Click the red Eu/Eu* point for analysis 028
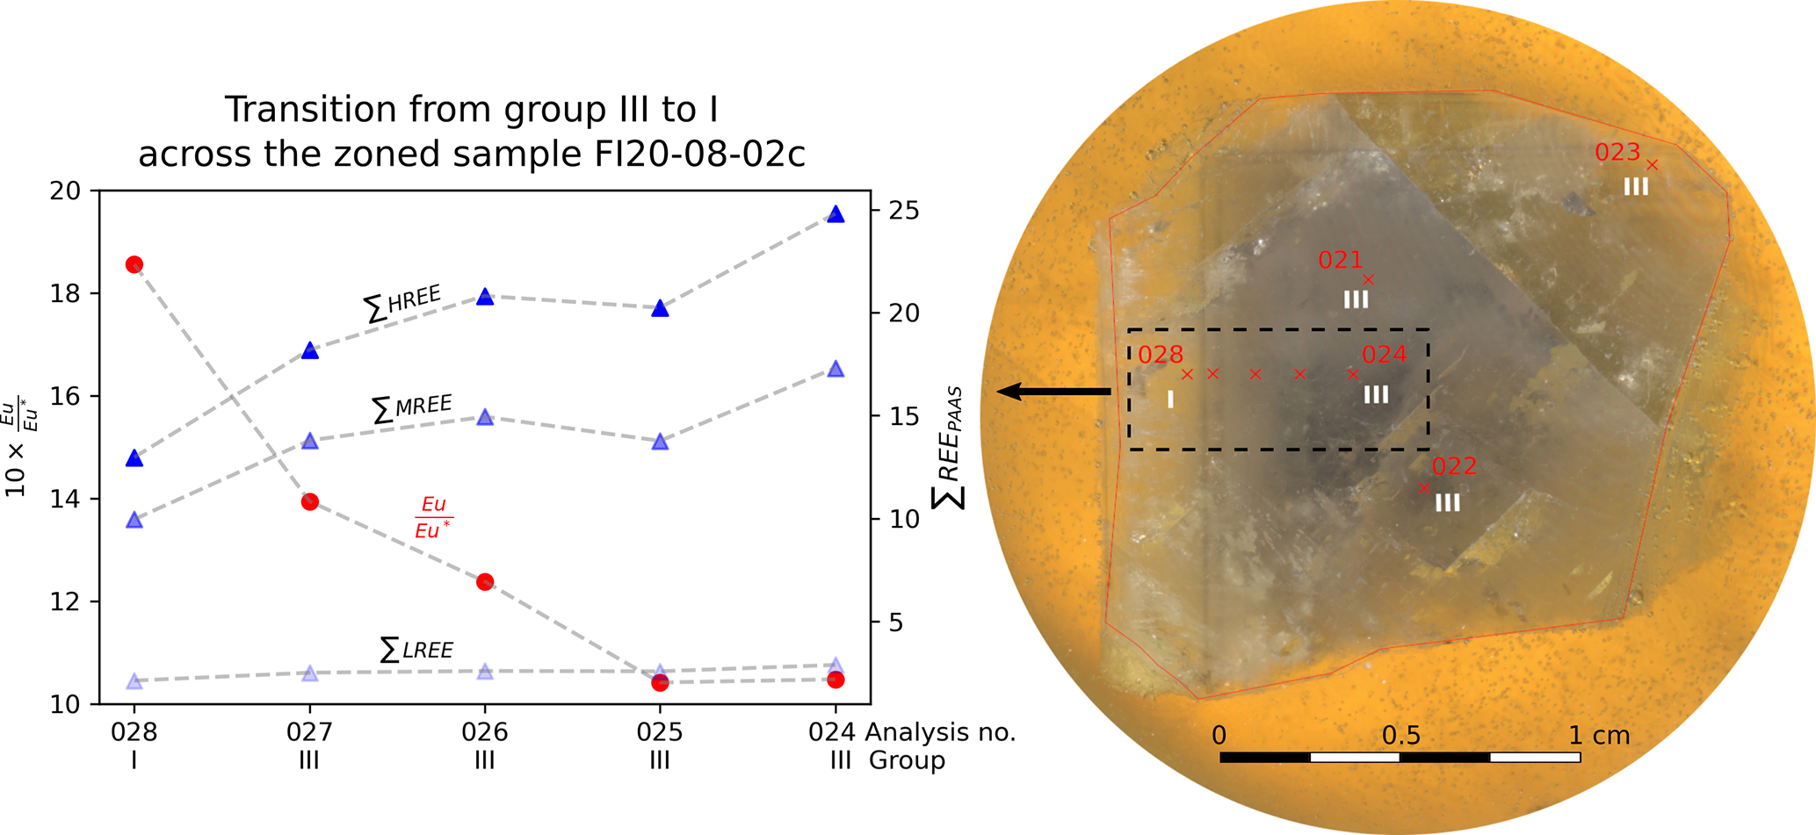pos(134,264)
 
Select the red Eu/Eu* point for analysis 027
pos(309,502)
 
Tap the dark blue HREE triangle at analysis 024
pos(836,215)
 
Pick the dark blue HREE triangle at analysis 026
pos(485,297)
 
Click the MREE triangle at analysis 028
pos(134,520)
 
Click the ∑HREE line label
pos(402,303)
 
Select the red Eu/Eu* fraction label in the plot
pos(434,517)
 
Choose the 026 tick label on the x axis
pos(485,732)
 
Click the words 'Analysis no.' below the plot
pos(940,732)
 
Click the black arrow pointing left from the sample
pos(1054,392)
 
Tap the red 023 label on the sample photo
pos(1617,153)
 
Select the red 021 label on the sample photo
pos(1340,260)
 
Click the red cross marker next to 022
pos(1424,488)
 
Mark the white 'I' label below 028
pos(1170,400)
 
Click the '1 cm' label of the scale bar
pos(1599,736)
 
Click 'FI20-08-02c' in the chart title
pos(694,155)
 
